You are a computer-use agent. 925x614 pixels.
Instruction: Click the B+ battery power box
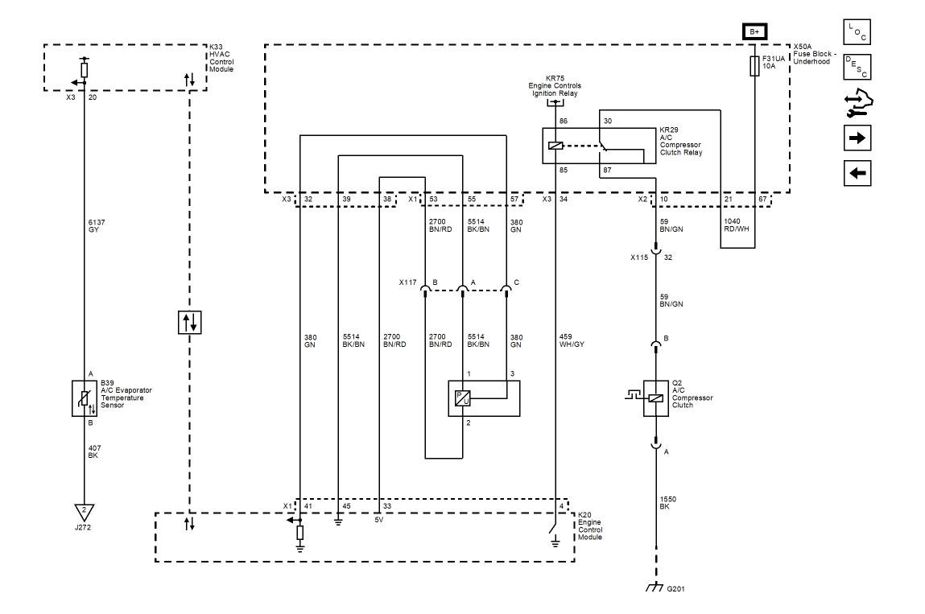tap(754, 32)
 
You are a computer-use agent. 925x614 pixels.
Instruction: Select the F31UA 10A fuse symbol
tap(754, 67)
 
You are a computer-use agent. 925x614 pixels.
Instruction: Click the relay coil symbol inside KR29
tap(555, 146)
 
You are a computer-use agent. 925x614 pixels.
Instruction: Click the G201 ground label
tap(676, 588)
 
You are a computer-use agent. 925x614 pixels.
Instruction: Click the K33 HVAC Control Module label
tap(221, 58)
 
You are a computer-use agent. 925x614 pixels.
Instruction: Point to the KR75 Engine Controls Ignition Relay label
tap(555, 85)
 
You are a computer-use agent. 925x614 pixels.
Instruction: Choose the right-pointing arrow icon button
tap(857, 138)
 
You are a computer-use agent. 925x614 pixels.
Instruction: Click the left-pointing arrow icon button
tap(857, 172)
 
